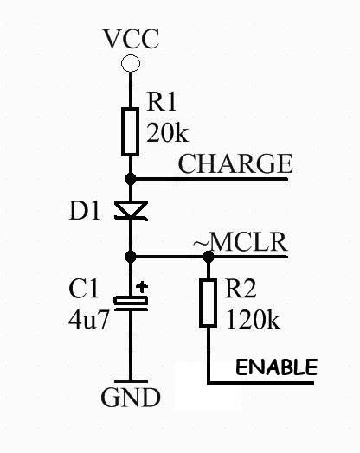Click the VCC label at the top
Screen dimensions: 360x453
131,39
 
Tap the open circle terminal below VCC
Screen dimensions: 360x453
131,63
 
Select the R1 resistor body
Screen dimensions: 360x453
130,132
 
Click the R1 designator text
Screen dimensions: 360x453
161,101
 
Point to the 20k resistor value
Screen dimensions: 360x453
167,132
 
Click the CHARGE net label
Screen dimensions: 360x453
235,163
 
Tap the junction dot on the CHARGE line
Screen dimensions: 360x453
131,179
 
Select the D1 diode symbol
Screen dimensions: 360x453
131,211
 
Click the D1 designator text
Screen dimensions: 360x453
85,211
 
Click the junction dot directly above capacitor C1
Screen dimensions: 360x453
131,256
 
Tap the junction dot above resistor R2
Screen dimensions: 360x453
209,257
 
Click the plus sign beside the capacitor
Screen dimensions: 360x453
142,287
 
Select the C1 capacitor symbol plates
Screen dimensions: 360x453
131,303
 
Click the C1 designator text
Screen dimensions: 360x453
83,289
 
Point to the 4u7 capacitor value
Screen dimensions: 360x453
88,320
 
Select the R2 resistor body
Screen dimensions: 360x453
209,303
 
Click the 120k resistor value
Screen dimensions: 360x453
254,320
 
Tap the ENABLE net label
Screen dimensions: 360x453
276,367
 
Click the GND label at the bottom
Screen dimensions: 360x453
131,398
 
